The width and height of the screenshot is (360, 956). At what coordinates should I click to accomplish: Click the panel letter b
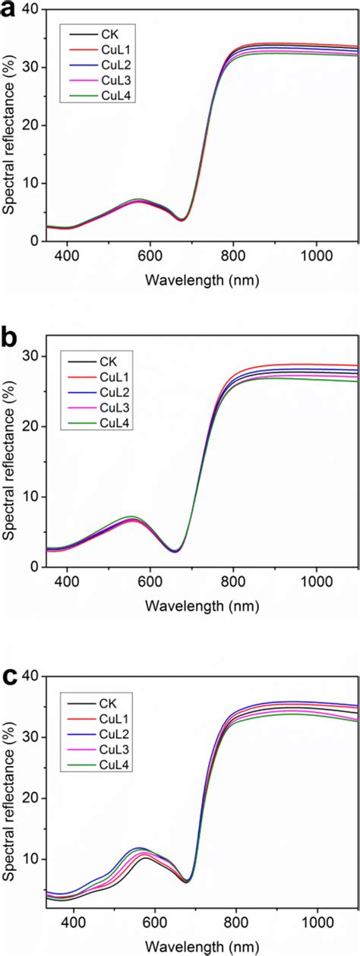[11, 339]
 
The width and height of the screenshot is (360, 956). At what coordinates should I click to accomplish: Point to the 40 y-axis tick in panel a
[30, 9]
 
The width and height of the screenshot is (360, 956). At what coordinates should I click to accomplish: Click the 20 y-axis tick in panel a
[30, 125]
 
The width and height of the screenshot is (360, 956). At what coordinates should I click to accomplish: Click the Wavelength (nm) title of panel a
[203, 279]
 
